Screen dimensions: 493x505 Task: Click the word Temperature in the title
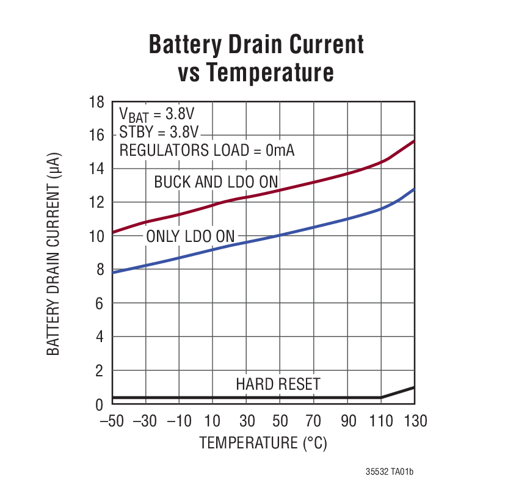269,73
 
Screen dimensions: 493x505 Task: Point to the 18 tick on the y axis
96,102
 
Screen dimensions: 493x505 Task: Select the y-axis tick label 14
96,169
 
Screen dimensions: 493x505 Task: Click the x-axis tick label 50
280,421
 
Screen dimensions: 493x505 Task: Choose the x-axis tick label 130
415,421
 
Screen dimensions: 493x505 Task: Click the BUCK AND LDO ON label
216,182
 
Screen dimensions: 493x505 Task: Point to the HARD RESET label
278,384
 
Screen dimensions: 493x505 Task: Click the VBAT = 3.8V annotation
156,115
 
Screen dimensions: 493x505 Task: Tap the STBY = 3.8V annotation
159,133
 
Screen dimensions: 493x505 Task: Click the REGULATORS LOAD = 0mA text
206,150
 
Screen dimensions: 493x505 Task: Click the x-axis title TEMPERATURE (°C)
263,442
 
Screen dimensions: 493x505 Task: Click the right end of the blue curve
414,189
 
